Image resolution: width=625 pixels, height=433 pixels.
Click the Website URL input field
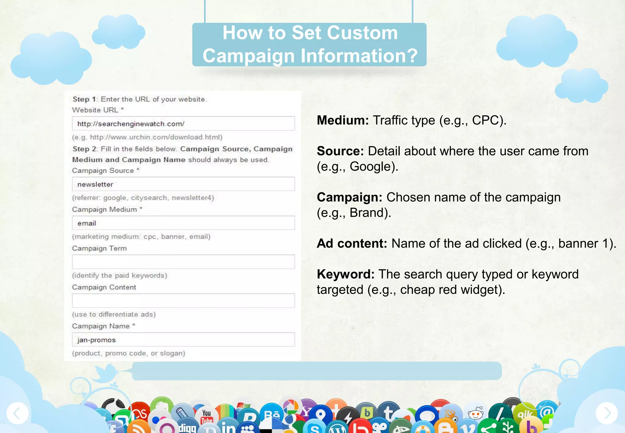[x=183, y=124]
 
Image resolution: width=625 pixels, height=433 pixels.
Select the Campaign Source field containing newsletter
[x=183, y=184]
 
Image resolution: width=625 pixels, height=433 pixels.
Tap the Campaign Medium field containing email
[x=183, y=223]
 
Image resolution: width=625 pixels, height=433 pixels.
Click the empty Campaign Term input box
[x=183, y=262]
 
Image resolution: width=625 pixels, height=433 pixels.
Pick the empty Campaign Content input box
[x=183, y=300]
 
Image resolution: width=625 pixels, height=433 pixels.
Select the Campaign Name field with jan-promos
[x=183, y=340]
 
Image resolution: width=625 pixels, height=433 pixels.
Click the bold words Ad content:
[x=352, y=243]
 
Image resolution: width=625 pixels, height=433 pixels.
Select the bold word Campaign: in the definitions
[x=349, y=197]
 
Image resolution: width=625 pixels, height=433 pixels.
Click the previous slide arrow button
[x=17, y=413]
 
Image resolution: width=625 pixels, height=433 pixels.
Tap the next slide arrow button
[x=607, y=413]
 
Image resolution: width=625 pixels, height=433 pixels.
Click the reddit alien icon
[x=476, y=414]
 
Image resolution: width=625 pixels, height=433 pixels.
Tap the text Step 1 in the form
[x=84, y=99]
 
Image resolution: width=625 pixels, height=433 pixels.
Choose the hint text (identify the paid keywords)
[x=119, y=275]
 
